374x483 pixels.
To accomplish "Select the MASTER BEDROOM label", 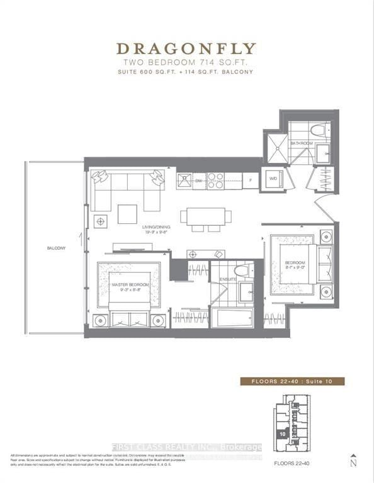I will point(128,285).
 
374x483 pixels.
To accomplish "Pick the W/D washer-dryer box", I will point(273,178).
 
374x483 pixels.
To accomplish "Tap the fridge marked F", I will point(251,180).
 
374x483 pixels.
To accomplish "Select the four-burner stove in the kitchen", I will point(215,180).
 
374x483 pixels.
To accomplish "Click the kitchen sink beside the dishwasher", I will point(184,180).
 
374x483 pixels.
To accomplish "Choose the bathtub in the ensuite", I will point(231,318).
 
